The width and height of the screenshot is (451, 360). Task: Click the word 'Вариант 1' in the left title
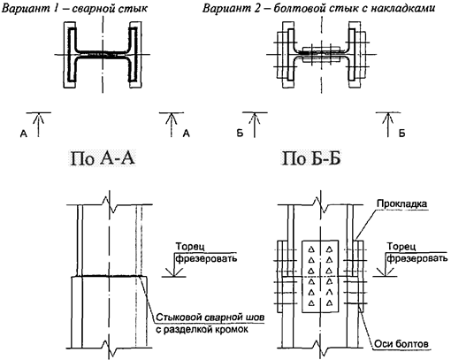point(34,9)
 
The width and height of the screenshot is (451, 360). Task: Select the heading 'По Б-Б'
point(312,161)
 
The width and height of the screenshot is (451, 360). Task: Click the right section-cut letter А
point(186,134)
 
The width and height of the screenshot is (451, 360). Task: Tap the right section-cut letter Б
point(401,134)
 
